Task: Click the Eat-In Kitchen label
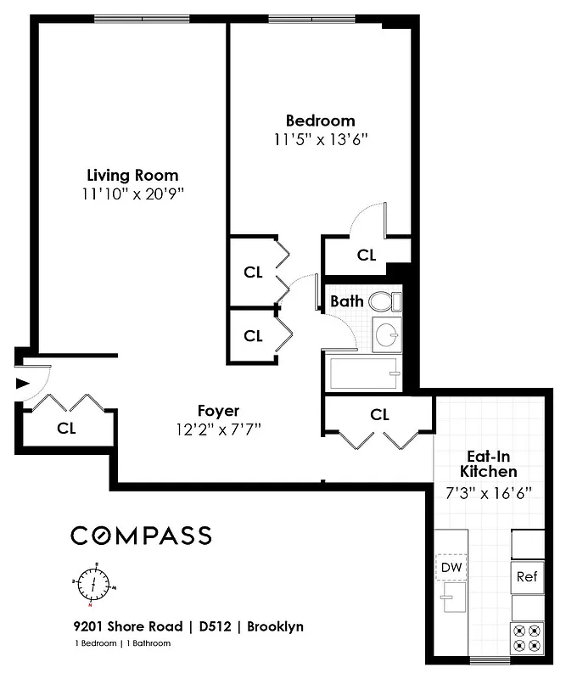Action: [x=488, y=463]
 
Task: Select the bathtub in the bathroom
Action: [x=362, y=373]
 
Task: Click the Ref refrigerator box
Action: [x=526, y=577]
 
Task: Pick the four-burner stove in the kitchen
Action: [x=526, y=637]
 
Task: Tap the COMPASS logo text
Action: [x=141, y=536]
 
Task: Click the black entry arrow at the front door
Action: [x=22, y=384]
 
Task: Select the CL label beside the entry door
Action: [x=67, y=429]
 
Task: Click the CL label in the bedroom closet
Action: [x=366, y=254]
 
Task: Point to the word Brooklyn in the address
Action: [x=275, y=627]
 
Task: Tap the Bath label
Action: [x=346, y=301]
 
